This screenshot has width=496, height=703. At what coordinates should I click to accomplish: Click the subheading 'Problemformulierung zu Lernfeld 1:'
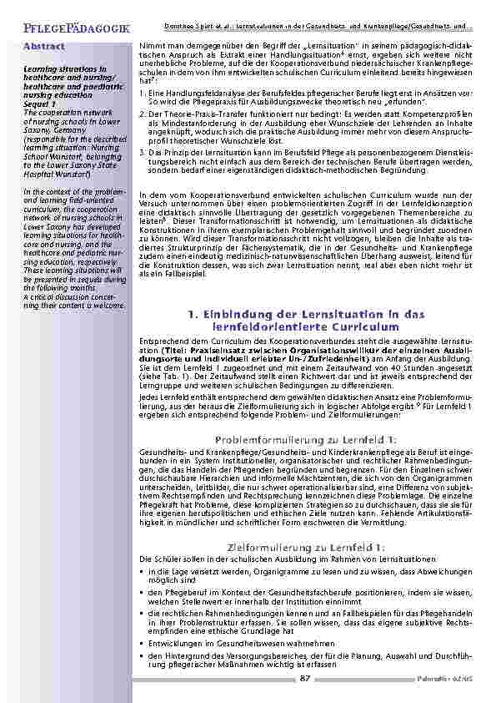click(x=306, y=439)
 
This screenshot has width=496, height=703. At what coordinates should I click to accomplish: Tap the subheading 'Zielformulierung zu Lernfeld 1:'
click(x=306, y=546)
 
